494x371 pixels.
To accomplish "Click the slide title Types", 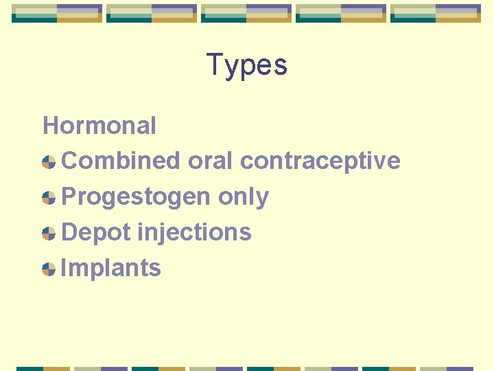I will (x=246, y=65).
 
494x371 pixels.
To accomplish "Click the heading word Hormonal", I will (x=99, y=126).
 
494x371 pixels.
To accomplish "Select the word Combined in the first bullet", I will (x=120, y=161).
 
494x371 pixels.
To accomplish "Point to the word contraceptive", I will (x=320, y=161).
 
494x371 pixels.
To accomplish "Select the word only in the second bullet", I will (x=244, y=197).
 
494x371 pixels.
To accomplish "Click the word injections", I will (x=194, y=232).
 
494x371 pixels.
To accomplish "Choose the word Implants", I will (x=111, y=268).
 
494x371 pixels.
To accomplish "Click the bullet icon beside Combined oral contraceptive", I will (x=49, y=162).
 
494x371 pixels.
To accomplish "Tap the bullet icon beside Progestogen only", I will (x=49, y=198).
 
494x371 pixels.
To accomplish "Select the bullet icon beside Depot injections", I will (x=49, y=234).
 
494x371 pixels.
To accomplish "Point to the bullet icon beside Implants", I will (x=49, y=269).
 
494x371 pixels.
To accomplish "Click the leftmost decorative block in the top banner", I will (x=57, y=13).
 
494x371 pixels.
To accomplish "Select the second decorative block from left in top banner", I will (x=152, y=13).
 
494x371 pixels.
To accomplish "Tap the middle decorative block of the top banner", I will (x=246, y=13).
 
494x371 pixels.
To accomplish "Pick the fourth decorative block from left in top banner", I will (x=341, y=13).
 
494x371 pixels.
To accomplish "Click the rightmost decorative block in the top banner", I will (x=436, y=13).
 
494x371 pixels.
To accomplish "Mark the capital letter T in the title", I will (x=214, y=65).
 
